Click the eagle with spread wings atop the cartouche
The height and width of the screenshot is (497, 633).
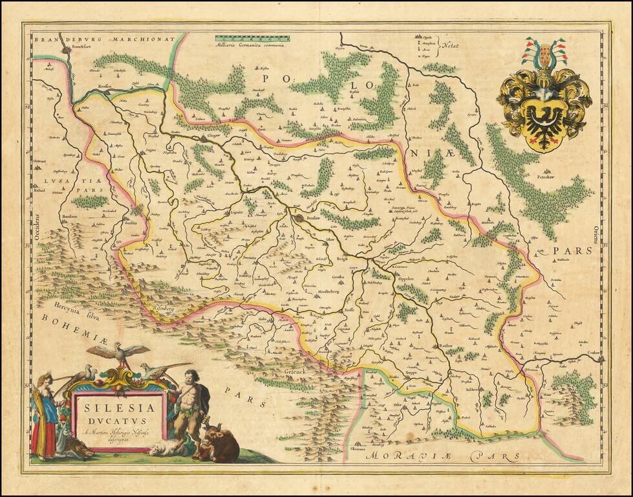pos(118,353)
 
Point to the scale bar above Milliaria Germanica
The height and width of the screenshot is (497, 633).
pos(252,39)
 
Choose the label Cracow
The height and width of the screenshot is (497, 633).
pos(595,353)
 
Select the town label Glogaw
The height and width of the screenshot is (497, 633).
pos(215,136)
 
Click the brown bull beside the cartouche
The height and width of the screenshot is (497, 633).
pos(223,447)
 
